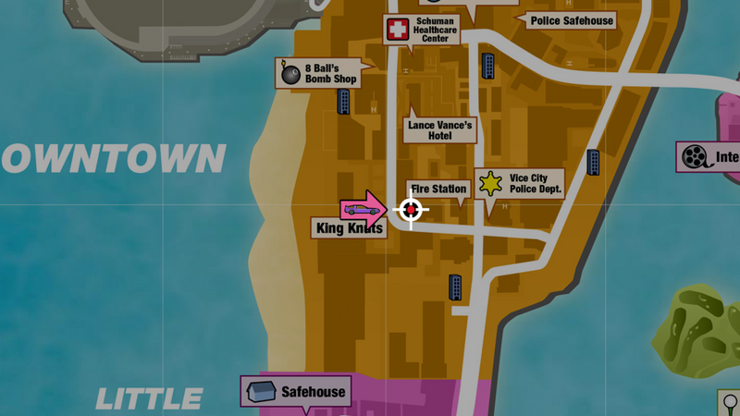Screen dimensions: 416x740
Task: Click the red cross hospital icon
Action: (x=397, y=30)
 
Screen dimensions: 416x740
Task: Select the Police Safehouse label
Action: (x=571, y=20)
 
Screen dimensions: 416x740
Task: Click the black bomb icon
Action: (x=290, y=73)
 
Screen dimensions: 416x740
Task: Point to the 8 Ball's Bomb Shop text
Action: (x=331, y=73)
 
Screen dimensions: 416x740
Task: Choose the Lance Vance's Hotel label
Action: (x=440, y=129)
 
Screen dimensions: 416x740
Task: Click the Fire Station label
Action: (x=439, y=189)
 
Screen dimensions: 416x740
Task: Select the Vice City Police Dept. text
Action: (x=535, y=183)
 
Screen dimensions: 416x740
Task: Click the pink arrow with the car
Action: (x=363, y=210)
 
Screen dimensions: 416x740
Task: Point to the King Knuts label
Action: (x=350, y=228)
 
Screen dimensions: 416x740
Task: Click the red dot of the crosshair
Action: (x=411, y=211)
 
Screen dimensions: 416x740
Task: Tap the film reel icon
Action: (x=694, y=156)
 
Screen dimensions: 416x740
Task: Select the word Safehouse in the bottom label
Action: (x=313, y=391)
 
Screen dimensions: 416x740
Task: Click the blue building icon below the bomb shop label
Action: (x=344, y=102)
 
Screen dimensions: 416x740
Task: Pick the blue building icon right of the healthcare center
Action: (x=487, y=66)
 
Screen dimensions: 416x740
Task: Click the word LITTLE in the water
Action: (x=149, y=399)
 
